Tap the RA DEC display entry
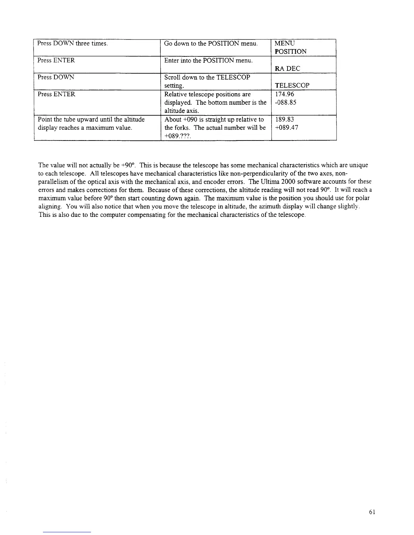click(287, 69)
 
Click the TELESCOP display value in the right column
click(292, 85)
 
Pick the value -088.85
click(285, 102)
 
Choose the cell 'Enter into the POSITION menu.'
click(208, 60)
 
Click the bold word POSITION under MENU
click(291, 52)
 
